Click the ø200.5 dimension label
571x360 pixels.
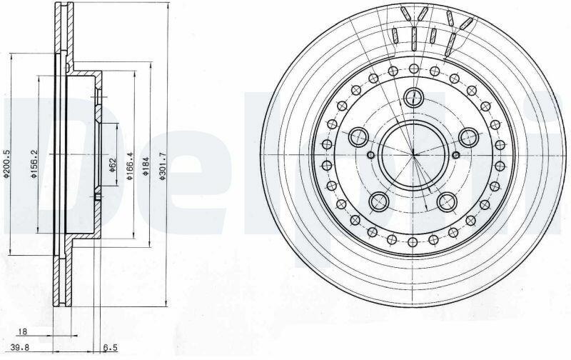(x=6, y=164)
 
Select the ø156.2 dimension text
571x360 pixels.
(x=34, y=164)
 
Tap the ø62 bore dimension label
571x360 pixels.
(x=112, y=164)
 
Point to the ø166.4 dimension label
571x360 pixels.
(x=130, y=166)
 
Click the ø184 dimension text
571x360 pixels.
(x=146, y=166)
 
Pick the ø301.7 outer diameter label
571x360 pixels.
(x=163, y=166)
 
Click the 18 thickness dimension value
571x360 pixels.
(x=23, y=331)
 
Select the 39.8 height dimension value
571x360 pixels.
(x=20, y=347)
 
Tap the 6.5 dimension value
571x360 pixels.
(x=110, y=348)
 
